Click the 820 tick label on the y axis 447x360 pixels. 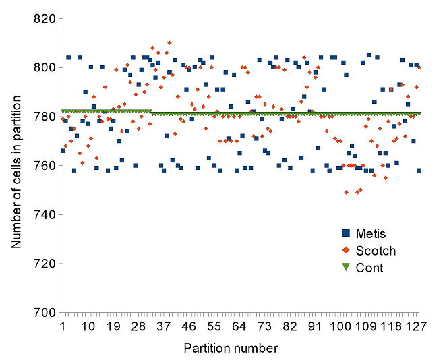point(42,19)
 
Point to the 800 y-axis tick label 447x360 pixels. point(42,67)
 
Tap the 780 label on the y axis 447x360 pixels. point(42,117)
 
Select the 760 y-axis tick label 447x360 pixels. point(42,166)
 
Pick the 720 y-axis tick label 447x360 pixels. point(42,264)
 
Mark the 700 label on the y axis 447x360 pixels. point(42,313)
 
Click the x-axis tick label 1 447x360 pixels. point(62,326)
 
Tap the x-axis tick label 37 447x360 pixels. point(163,326)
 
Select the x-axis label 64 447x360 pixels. point(239,326)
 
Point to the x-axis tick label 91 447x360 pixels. point(315,326)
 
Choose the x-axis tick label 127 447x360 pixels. point(416,326)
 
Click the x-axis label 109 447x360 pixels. point(365,326)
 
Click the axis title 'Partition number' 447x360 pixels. point(231,348)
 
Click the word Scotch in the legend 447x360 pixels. point(376,251)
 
